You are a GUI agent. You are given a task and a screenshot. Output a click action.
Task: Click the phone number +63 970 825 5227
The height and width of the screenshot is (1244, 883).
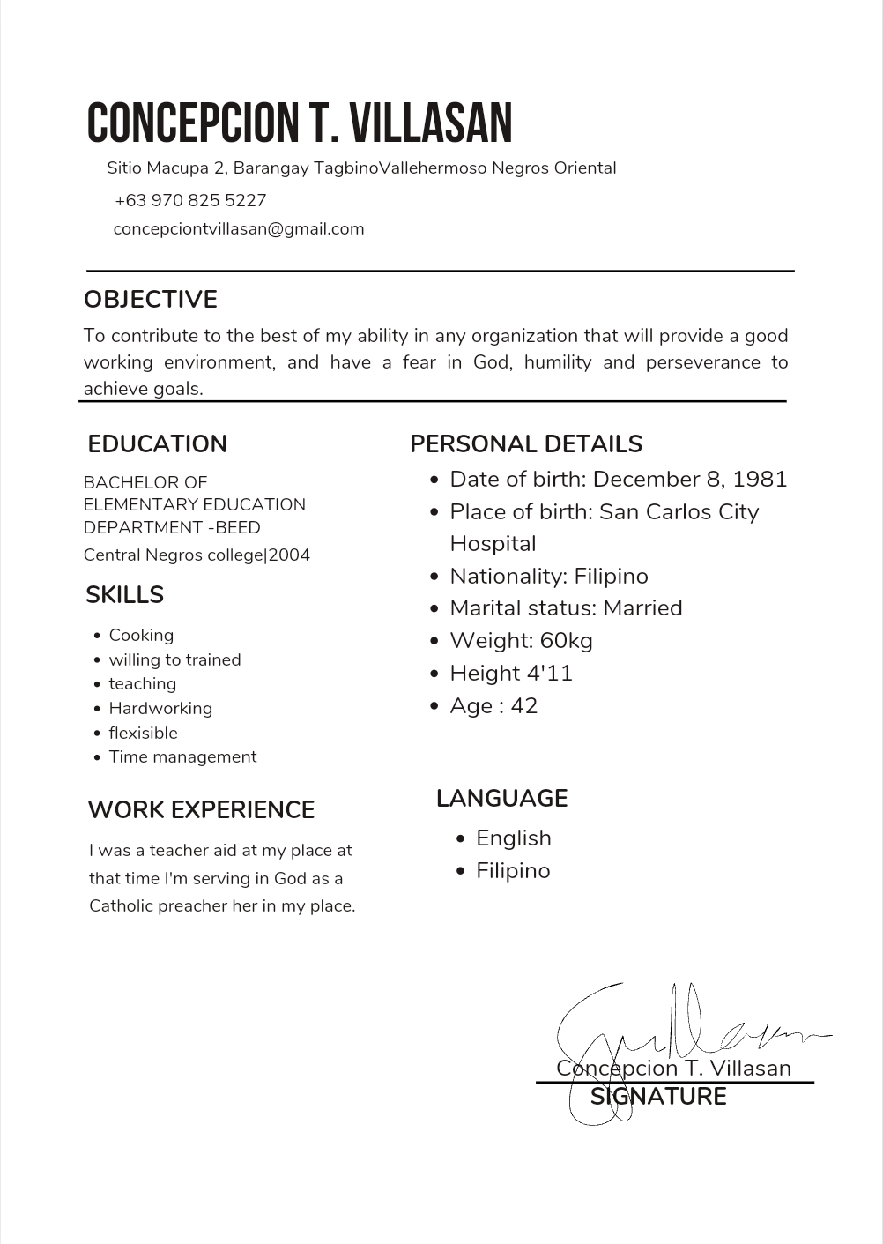[190, 200]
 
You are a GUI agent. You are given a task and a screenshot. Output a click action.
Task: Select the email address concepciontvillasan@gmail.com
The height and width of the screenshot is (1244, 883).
[239, 229]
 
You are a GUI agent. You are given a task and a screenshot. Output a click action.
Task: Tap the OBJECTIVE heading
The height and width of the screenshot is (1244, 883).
[151, 300]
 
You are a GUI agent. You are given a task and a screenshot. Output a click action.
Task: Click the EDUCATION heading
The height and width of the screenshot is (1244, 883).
[158, 444]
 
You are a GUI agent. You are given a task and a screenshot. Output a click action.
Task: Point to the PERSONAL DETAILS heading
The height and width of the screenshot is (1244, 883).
[526, 444]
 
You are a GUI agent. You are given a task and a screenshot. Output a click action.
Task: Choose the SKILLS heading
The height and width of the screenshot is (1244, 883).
[125, 595]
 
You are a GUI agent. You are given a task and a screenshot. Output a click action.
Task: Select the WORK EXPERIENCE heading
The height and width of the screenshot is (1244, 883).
[201, 810]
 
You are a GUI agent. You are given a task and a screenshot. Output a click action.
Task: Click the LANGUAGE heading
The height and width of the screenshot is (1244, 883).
[501, 799]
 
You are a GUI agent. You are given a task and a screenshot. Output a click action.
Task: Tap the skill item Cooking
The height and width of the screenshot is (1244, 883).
[141, 636]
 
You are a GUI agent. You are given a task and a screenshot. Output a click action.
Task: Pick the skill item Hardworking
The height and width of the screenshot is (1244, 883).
[160, 709]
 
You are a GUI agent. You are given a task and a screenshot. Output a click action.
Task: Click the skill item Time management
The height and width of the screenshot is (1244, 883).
[182, 757]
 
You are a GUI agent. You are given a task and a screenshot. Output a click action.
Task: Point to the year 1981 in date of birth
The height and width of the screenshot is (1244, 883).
[760, 480]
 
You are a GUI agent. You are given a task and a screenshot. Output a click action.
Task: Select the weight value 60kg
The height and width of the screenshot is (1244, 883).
[567, 641]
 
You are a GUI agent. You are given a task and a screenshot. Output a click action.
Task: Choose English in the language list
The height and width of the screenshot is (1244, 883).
[514, 838]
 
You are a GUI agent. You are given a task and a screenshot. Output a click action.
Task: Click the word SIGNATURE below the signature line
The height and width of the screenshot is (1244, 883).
[658, 1097]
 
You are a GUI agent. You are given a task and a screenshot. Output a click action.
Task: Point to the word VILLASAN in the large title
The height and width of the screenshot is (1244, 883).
[433, 123]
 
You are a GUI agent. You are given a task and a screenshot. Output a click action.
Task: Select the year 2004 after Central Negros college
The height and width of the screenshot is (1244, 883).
[290, 555]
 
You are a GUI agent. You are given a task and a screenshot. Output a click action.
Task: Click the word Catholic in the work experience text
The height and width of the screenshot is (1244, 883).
[121, 906]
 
